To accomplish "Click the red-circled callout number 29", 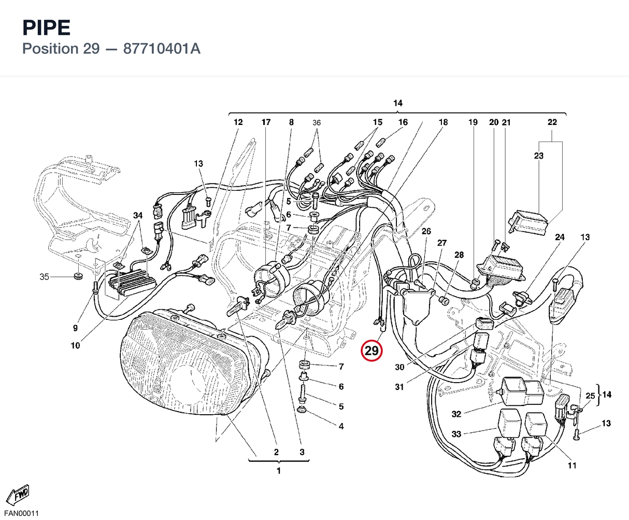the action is click(371, 350).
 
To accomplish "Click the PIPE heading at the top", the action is click(47, 27).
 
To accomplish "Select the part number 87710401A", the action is click(162, 49).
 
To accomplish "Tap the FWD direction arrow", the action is click(18, 495).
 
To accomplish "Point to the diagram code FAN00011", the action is click(21, 513).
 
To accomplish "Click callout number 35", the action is click(44, 276).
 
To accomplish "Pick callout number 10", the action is click(75, 345).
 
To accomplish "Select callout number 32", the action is click(456, 414).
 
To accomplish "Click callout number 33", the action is click(456, 434).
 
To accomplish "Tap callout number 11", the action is click(572, 466).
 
